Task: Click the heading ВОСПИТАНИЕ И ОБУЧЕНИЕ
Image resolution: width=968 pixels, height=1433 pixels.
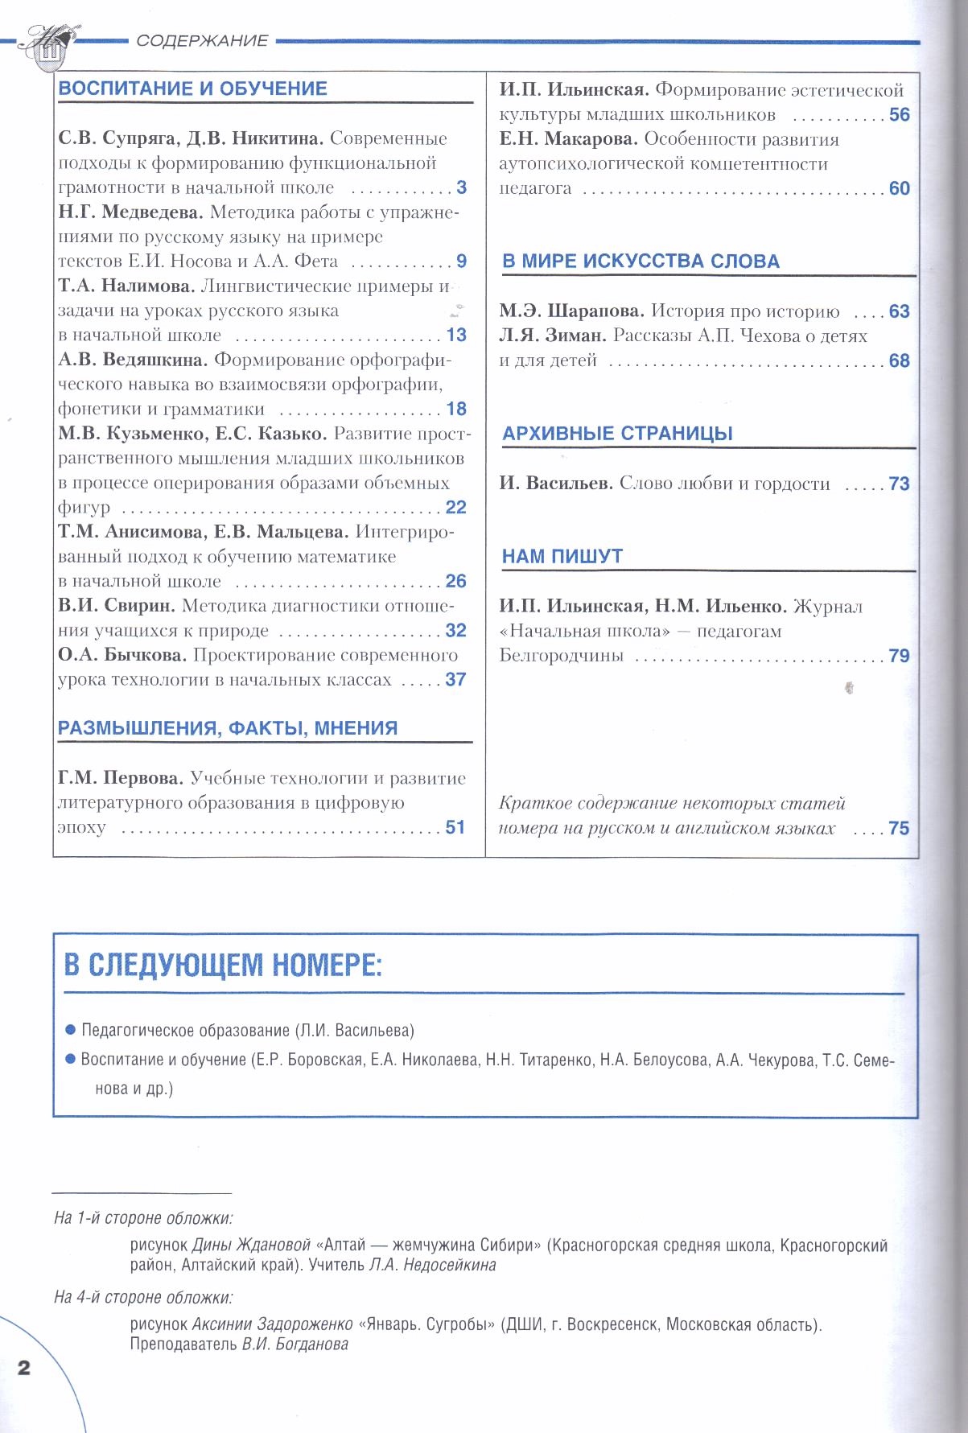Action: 193,89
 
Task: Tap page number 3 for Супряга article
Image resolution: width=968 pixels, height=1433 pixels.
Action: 462,187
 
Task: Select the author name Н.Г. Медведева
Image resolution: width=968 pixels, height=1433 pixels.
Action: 130,212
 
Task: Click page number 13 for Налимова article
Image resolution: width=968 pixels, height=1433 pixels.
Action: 456,336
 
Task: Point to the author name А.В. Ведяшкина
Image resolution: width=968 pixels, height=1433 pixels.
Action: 133,360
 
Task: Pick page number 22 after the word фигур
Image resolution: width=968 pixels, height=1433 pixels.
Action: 456,508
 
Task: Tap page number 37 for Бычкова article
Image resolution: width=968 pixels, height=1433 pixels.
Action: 455,680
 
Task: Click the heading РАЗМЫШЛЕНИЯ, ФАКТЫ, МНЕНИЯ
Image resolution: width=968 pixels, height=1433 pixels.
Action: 228,728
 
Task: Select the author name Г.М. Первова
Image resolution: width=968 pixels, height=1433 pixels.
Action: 121,778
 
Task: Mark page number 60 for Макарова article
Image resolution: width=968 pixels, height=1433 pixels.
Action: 900,189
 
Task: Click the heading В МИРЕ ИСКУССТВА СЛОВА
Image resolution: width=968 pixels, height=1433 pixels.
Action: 641,261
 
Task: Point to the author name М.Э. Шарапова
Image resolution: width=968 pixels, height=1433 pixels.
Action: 571,311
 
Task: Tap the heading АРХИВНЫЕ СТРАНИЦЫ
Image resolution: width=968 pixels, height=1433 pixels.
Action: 618,434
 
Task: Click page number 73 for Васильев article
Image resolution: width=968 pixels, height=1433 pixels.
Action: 900,484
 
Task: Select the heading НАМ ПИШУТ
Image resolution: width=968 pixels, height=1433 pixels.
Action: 562,557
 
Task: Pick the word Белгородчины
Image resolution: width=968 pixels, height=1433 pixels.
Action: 562,656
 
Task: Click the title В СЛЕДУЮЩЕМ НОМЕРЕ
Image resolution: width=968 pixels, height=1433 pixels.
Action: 223,965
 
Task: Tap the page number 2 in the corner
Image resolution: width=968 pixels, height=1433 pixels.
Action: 23,1368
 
